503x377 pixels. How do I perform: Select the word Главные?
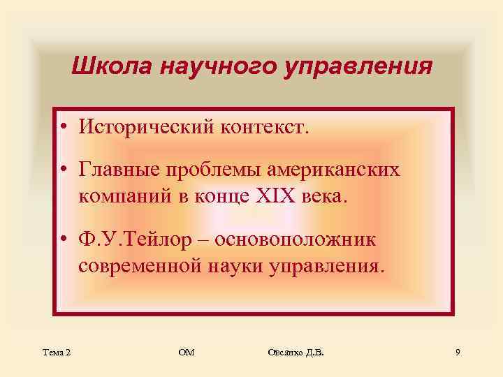[121, 171]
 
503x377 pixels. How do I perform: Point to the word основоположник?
[296, 239]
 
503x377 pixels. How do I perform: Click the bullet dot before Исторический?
[63, 128]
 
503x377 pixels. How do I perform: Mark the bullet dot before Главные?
[63, 172]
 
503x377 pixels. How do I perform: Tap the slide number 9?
[457, 352]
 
